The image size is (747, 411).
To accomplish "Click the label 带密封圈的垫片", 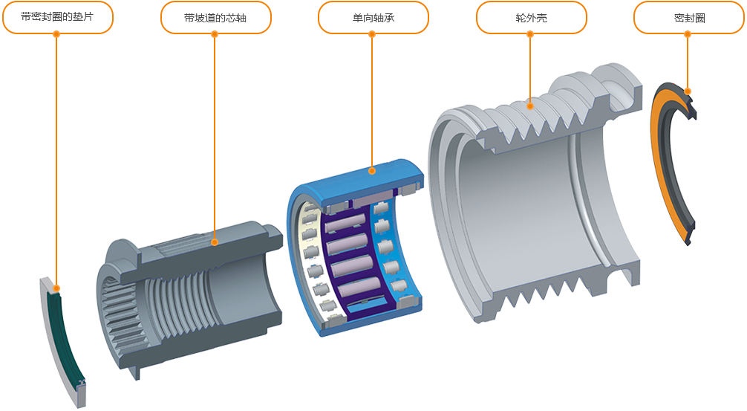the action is [57, 16].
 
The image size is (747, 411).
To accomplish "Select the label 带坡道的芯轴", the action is [215, 18].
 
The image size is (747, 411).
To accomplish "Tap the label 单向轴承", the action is [373, 18].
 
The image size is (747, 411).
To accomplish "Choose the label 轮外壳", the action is [531, 18].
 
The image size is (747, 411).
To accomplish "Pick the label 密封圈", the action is [689, 18].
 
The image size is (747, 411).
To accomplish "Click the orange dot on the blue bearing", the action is [372, 171].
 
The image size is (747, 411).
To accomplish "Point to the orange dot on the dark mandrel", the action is [215, 242].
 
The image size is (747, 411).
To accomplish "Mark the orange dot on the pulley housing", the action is [529, 106].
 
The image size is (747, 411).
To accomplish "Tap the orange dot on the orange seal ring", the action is [688, 91].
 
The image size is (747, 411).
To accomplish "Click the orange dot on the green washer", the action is [56, 288].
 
